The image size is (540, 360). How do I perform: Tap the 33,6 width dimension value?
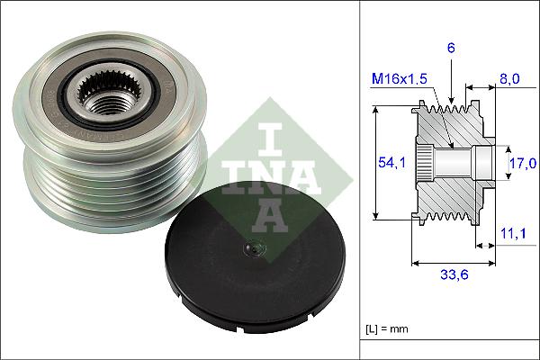(x=454, y=277)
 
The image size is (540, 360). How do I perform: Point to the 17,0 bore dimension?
(x=522, y=163)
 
